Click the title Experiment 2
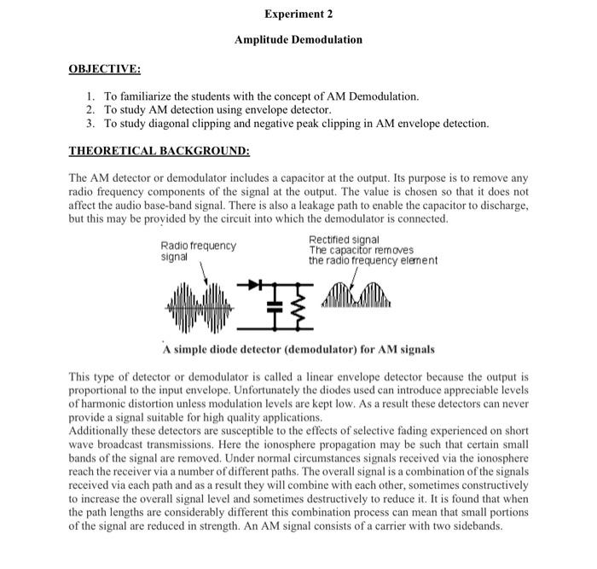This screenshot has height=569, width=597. click(x=298, y=15)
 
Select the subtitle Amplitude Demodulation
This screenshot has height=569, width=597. click(x=298, y=39)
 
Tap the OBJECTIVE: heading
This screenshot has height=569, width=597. click(x=105, y=68)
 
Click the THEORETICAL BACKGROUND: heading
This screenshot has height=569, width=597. click(x=159, y=151)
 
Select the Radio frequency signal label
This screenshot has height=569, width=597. click(x=198, y=251)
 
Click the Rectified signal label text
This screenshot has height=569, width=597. click(x=344, y=240)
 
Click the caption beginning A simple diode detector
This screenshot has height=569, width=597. click(x=298, y=349)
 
